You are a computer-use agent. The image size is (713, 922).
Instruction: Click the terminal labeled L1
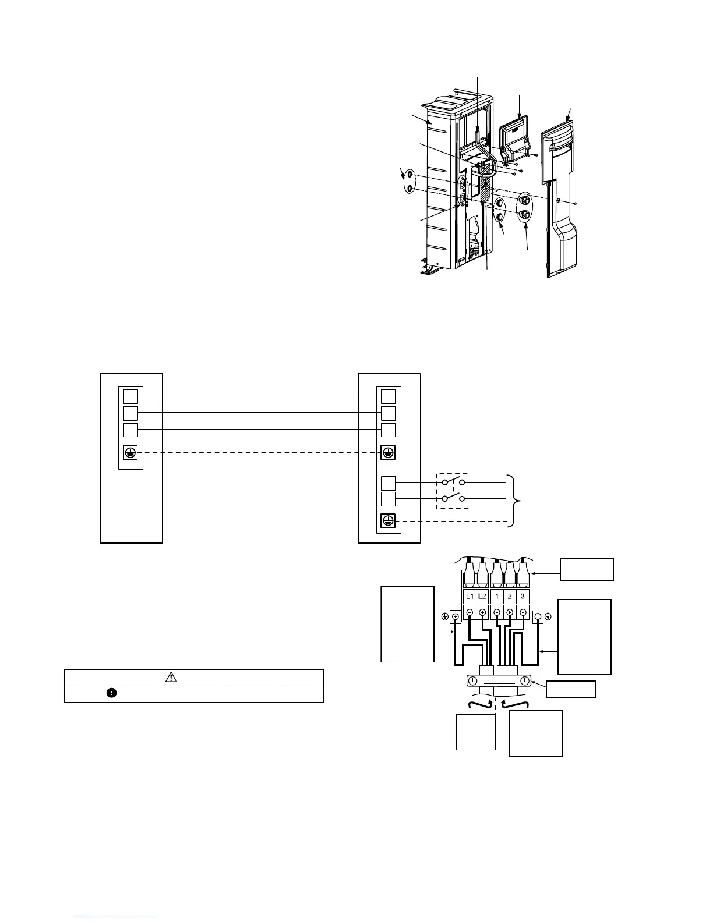[470, 597]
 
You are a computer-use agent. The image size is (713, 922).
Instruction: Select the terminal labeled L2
[483, 597]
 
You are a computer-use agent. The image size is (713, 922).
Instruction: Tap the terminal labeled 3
[523, 597]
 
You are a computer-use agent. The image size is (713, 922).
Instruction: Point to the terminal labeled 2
[510, 597]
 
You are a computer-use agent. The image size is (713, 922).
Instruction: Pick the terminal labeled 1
[497, 597]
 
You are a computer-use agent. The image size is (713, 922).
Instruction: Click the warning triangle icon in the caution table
[171, 677]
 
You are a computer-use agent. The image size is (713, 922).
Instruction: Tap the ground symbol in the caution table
[110, 693]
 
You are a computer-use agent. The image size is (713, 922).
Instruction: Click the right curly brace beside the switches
[512, 501]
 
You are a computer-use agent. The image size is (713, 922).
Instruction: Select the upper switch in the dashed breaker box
[453, 482]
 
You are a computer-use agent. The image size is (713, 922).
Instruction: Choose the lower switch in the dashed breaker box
[453, 498]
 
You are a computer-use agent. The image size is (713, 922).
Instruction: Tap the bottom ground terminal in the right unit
[388, 522]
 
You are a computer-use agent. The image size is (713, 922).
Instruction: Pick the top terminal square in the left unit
[130, 396]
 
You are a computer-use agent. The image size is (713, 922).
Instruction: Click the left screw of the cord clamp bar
[472, 680]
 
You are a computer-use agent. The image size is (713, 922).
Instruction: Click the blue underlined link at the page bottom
[116, 917]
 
